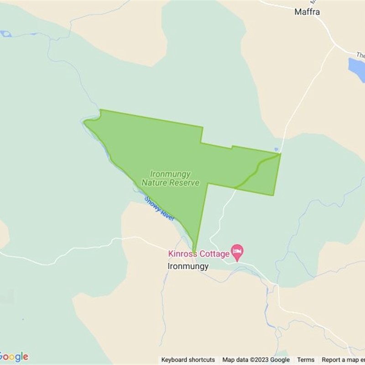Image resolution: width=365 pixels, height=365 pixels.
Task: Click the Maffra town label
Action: pos(307,12)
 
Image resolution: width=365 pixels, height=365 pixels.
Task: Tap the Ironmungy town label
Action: pos(188,266)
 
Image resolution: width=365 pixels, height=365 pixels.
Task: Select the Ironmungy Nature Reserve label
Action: pos(170,178)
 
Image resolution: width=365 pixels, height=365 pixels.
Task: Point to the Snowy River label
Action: pos(159,209)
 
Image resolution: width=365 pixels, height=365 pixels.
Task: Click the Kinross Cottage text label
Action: pos(198,254)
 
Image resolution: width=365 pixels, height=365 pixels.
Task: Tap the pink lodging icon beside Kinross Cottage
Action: pos(237,251)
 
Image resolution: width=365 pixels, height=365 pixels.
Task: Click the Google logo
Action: pos(14,356)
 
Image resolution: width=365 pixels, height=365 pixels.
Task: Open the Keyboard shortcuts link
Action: pos(188,360)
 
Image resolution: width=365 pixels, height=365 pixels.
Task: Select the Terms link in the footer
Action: pos(306,360)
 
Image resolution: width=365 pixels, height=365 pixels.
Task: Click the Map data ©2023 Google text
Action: pos(256,360)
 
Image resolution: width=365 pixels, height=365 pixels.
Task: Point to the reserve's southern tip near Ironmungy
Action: pos(195,250)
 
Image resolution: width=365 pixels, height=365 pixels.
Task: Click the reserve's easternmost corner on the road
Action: pos(280,154)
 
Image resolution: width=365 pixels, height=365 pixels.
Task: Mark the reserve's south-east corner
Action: pos(273,195)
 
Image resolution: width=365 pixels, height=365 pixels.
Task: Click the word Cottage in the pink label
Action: pos(214,254)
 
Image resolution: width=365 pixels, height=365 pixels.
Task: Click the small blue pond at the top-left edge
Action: pos(5,33)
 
